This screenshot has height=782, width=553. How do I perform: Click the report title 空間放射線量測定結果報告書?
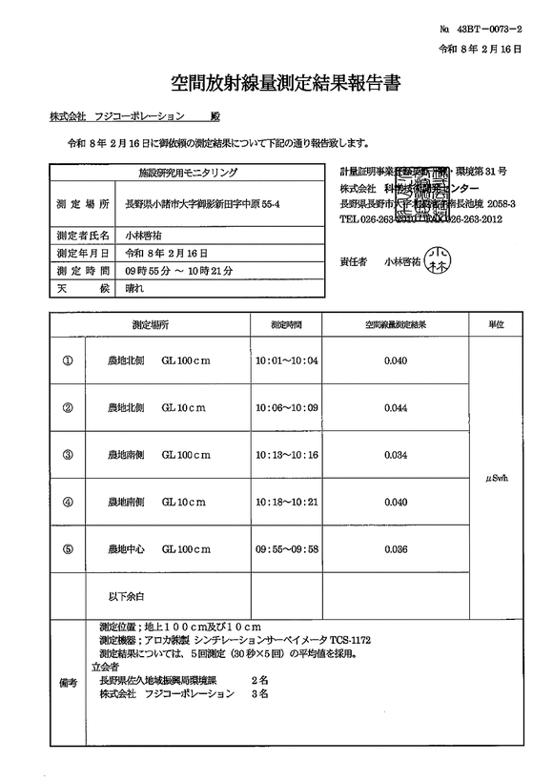point(276,84)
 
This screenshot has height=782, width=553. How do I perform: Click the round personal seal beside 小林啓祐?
point(438,258)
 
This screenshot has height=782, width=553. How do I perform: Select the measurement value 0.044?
point(395,408)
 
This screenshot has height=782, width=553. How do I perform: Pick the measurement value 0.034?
point(395,455)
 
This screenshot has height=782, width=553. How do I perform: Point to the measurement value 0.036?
point(395,549)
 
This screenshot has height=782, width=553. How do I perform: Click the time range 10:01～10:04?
point(286,361)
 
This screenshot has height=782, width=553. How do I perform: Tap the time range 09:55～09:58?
point(286,549)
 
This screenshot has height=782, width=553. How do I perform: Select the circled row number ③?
point(68,455)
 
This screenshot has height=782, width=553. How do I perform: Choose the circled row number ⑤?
point(68,549)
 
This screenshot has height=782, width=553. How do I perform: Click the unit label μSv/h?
point(497,480)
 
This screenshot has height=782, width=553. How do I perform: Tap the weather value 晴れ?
point(136,287)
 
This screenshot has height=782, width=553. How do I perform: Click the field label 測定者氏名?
point(83,232)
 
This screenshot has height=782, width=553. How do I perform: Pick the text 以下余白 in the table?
point(126,596)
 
